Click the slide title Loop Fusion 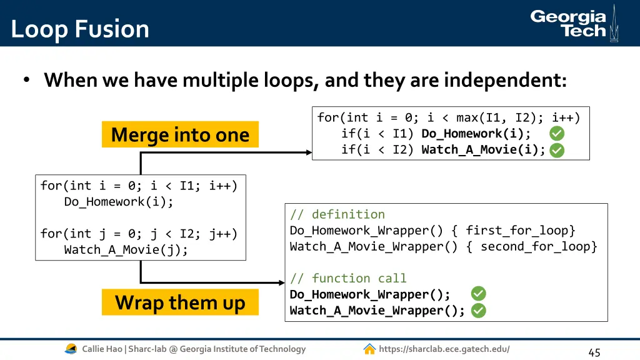pyautogui.click(x=80, y=29)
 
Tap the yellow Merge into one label pyautogui.click(x=180, y=134)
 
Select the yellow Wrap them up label pyautogui.click(x=180, y=302)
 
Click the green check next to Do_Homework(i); pyautogui.click(x=557, y=133)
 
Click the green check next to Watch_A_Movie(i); pyautogui.click(x=557, y=150)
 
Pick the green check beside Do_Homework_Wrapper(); pyautogui.click(x=478, y=294)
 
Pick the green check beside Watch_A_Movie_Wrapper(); pyautogui.click(x=478, y=311)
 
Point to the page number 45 pyautogui.click(x=594, y=352)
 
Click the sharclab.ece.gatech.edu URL pyautogui.click(x=444, y=349)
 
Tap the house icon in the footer pyautogui.click(x=369, y=349)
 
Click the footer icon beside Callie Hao pyautogui.click(x=71, y=349)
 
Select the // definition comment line pyautogui.click(x=337, y=214)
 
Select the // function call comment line pyautogui.click(x=348, y=278)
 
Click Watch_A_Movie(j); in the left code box pyautogui.click(x=126, y=250)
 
